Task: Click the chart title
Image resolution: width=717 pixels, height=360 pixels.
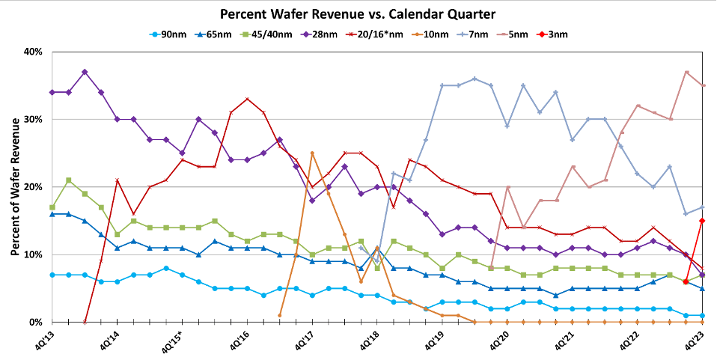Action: pyautogui.click(x=358, y=14)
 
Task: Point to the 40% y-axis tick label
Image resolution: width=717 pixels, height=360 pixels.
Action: pyautogui.click(x=33, y=52)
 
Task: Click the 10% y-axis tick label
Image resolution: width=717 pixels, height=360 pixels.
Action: pyautogui.click(x=33, y=254)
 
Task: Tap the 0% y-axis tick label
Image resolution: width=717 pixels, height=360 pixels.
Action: pyautogui.click(x=36, y=322)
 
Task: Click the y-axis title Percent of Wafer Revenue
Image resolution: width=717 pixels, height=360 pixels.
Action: pyautogui.click(x=15, y=186)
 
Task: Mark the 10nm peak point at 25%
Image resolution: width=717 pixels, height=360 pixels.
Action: pyautogui.click(x=312, y=153)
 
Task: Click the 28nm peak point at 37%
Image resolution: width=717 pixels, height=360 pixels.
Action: pyautogui.click(x=85, y=72)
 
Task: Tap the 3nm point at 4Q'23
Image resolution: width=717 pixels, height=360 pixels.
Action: pyautogui.click(x=702, y=221)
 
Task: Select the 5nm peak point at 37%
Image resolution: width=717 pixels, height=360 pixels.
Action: pyautogui.click(x=686, y=72)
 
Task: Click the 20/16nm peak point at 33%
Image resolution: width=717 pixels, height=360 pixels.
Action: pyautogui.click(x=247, y=99)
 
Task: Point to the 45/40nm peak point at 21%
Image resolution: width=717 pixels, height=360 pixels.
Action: pyautogui.click(x=68, y=180)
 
